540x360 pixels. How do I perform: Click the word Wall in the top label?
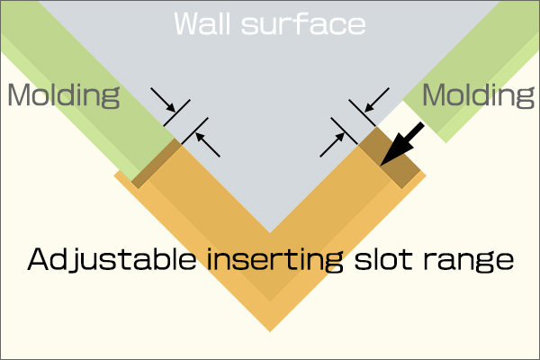tap(202, 23)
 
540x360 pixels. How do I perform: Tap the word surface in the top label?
tap(303, 24)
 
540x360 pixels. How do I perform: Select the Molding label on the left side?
tap(64, 95)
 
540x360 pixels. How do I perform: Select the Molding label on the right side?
tap(479, 95)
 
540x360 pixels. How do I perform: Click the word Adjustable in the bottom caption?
tap(112, 260)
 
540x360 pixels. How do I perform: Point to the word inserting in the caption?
tap(274, 260)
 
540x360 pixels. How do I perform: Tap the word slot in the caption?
tap(383, 259)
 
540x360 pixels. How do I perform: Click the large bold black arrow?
tap(402, 144)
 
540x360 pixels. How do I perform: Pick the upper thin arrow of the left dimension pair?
tap(163, 100)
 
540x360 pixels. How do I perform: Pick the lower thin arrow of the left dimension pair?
tap(208, 145)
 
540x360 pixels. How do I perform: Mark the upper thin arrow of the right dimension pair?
tap(377, 100)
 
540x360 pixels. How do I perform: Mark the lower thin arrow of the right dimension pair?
tap(332, 145)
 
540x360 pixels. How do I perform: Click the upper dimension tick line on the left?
tap(176, 113)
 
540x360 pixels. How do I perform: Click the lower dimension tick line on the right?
tap(345, 131)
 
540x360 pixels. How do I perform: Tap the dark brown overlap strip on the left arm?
tap(157, 163)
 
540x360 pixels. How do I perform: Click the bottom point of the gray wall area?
tap(270, 233)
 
